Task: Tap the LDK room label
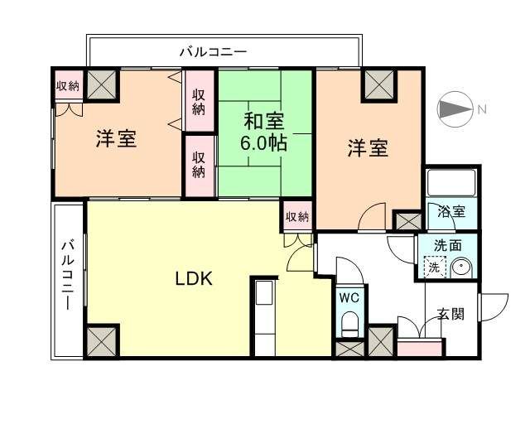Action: coord(194,279)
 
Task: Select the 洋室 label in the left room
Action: coord(116,139)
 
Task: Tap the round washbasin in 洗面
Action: coord(460,267)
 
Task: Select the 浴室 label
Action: coord(451,211)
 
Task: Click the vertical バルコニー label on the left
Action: coord(70,274)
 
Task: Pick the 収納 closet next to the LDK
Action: coord(297,217)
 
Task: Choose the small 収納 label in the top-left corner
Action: coord(68,85)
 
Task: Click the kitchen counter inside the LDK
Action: coord(265,319)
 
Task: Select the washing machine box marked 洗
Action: coord(433,267)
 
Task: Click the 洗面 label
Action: coord(450,246)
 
